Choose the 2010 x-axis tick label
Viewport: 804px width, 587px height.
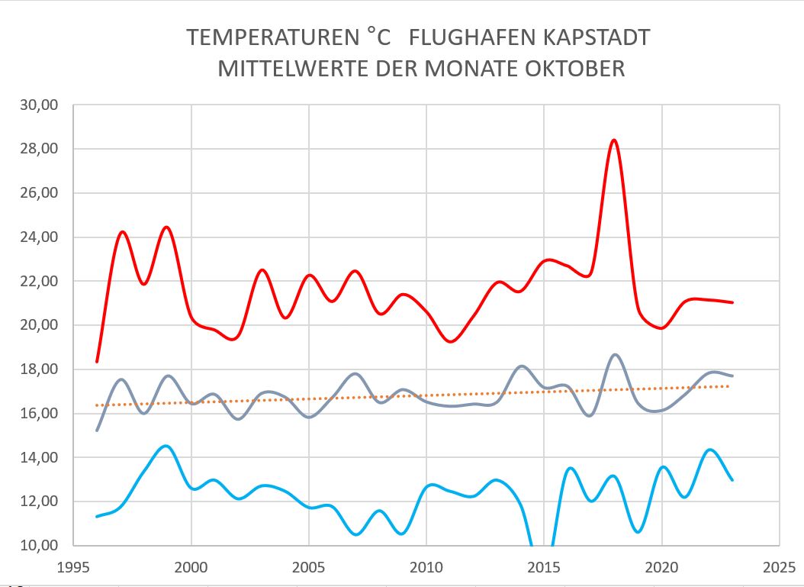pos(426,569)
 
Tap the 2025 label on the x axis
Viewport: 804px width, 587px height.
pos(779,569)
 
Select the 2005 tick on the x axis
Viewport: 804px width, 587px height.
pos(309,569)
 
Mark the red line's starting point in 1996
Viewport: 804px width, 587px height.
pos(97,361)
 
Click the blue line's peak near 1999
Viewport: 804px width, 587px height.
pos(166,446)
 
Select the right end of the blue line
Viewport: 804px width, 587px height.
pos(732,480)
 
